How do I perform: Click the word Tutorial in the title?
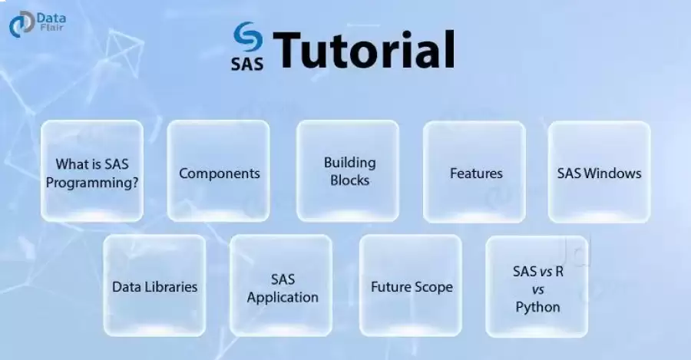[364, 49]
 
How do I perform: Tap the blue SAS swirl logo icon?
[248, 37]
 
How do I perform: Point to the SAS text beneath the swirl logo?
[247, 64]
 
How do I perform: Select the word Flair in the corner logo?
[51, 28]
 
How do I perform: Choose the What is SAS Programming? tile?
[92, 171]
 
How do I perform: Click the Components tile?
[218, 171]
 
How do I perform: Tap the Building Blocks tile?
[348, 171]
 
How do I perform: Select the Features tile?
[474, 172]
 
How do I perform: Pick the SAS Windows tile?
[600, 172]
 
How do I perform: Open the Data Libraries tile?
[154, 286]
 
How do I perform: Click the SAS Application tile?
[281, 286]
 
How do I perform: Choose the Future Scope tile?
[411, 286]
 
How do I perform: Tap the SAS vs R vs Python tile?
[537, 286]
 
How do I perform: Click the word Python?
[537, 307]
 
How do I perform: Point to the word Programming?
[92, 183]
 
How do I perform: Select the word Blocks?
[350, 180]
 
